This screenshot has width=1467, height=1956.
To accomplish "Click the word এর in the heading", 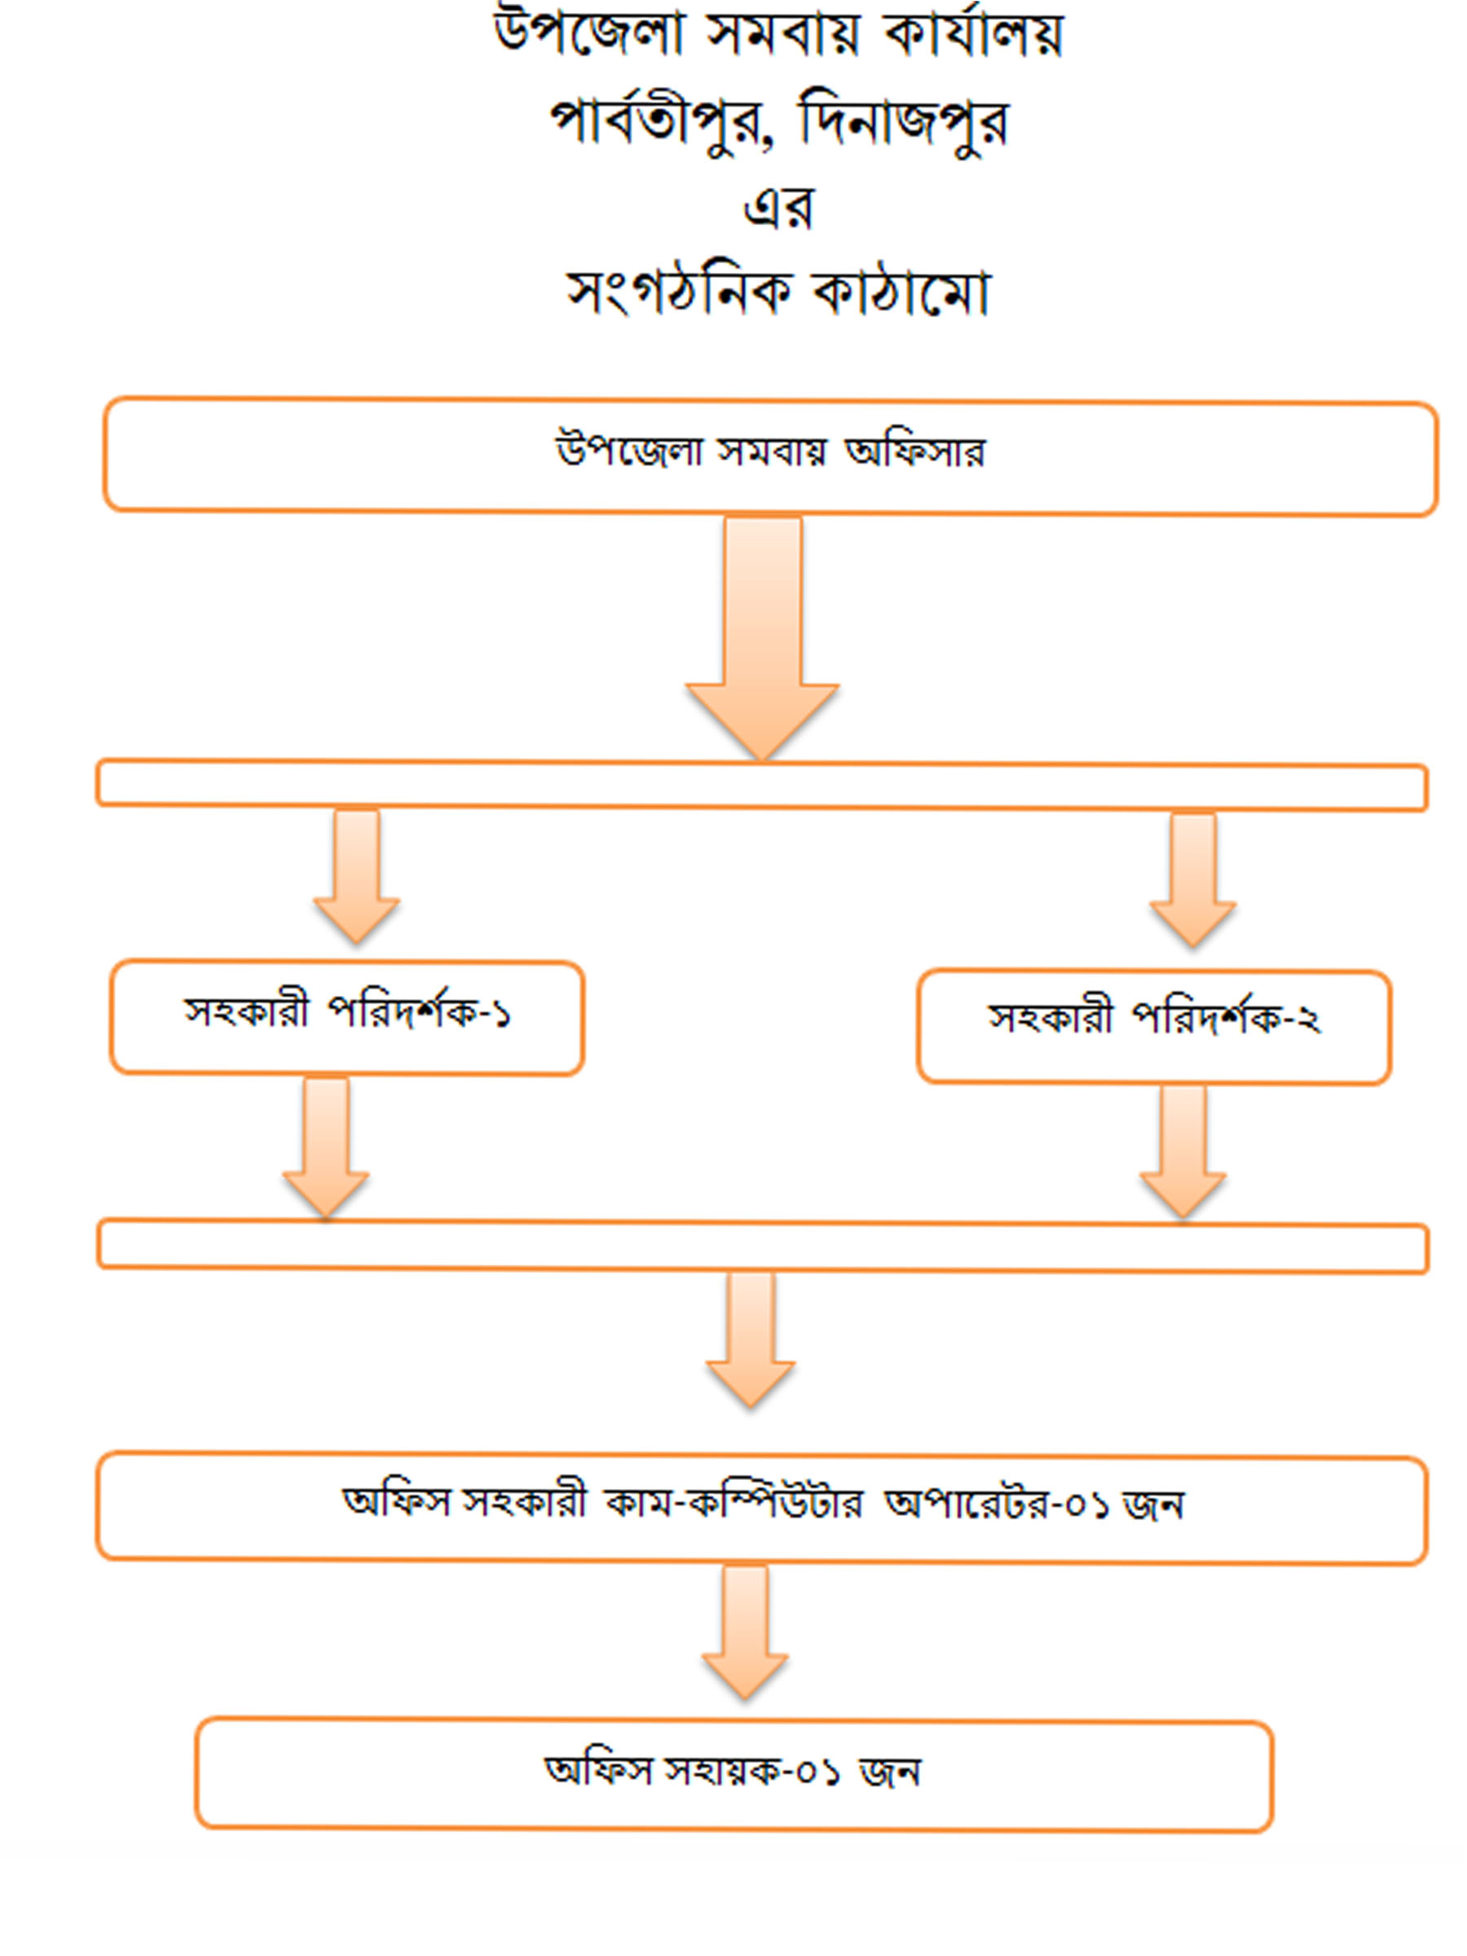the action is [x=778, y=209].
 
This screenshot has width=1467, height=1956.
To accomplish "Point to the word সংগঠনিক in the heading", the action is [x=678, y=292].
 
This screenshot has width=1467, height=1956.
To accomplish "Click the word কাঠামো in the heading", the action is [x=901, y=292].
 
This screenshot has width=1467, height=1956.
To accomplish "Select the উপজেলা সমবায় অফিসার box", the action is [x=769, y=457].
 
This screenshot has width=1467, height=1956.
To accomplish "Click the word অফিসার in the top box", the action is [x=914, y=452].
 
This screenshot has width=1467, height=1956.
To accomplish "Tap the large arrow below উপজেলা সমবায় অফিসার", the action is [x=762, y=637].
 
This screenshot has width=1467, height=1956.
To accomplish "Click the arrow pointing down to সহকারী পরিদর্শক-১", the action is [x=356, y=875].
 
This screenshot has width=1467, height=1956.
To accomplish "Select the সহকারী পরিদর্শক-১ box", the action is [x=346, y=1018].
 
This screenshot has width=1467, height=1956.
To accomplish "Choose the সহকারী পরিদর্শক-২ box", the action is [x=1154, y=1027].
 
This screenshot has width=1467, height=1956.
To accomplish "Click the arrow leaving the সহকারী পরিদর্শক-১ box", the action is [x=325, y=1148].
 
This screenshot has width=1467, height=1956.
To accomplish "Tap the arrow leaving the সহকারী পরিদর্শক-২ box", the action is [x=1183, y=1152].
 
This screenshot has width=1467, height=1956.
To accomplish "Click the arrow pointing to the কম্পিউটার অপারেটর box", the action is [x=750, y=1340].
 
